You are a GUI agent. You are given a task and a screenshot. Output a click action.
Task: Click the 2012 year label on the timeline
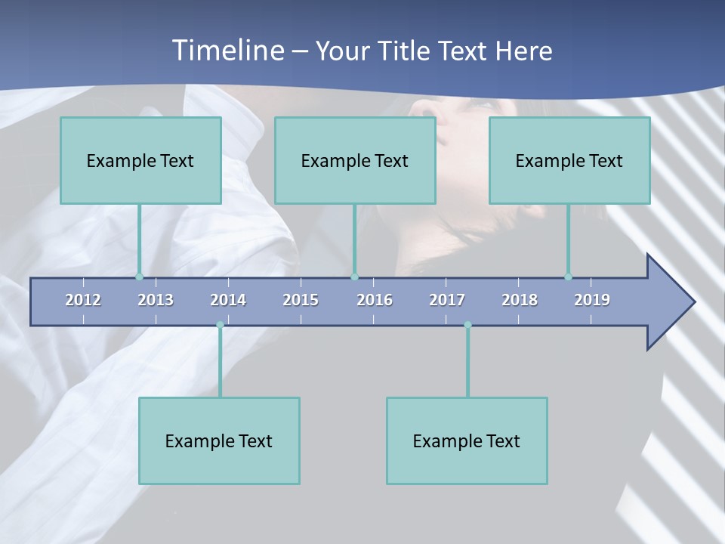tap(83, 300)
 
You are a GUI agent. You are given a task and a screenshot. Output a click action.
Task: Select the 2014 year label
tap(228, 300)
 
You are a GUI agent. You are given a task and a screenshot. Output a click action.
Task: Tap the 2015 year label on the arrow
tap(301, 300)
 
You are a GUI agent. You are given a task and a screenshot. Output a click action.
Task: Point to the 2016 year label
tap(375, 300)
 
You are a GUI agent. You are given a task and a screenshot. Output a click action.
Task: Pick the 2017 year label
tap(447, 300)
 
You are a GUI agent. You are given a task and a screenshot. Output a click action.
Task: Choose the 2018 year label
tap(520, 300)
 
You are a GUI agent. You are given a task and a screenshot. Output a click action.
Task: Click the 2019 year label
tap(592, 300)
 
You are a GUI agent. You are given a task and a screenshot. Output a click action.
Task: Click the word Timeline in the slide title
tap(227, 51)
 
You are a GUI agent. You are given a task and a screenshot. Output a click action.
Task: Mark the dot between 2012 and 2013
tap(139, 277)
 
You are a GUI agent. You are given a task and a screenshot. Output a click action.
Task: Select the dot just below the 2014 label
tap(220, 326)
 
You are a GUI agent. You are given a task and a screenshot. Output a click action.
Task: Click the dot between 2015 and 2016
tap(354, 277)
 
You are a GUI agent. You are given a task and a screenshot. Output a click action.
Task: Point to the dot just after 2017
tap(467, 326)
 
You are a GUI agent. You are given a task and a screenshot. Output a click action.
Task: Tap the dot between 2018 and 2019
tap(568, 277)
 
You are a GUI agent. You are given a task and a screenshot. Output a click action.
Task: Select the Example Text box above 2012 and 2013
tap(140, 160)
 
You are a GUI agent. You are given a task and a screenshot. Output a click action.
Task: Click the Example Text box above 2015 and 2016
tap(355, 160)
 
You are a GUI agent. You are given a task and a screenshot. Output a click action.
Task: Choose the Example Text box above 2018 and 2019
tap(569, 160)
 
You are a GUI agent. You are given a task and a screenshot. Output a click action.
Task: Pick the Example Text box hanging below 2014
tap(219, 440)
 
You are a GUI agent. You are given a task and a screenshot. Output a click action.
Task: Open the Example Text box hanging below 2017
tap(467, 440)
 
